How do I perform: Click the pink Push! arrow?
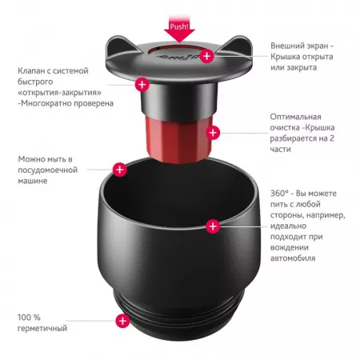click(179, 29)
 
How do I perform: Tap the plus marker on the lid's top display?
click(206, 56)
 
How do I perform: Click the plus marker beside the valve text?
click(142, 85)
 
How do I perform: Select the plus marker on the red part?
click(213, 133)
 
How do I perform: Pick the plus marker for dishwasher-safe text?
click(120, 170)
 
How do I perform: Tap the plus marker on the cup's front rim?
click(213, 226)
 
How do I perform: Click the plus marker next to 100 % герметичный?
click(122, 321)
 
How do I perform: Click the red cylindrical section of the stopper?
click(178, 138)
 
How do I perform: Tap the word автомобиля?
click(293, 258)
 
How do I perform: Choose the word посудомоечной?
click(48, 170)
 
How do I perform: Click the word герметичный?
click(42, 328)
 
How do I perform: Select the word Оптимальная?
click(295, 117)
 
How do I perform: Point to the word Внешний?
click(286, 46)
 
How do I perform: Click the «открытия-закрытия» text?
click(60, 93)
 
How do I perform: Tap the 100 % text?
click(29, 318)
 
